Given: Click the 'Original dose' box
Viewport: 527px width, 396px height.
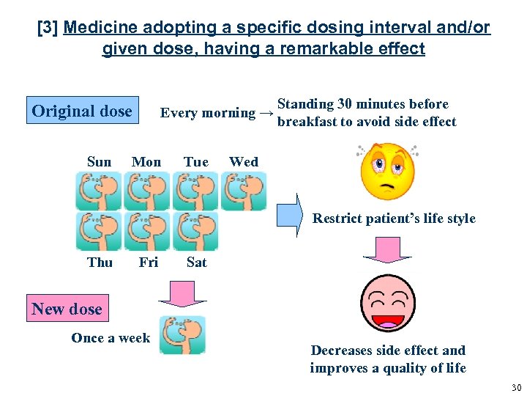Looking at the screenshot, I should pos(82,111).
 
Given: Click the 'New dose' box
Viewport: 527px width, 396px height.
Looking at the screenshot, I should pos(67,309).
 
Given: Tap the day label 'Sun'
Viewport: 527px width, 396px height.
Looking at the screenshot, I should pos(99,162).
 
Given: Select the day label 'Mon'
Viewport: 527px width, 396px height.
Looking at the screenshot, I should pos(146,162).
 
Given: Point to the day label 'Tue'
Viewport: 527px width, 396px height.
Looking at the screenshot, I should pos(196,162).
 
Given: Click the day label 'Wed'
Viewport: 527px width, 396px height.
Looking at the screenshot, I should pos(244,162).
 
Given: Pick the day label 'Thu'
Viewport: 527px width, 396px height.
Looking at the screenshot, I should pos(100,262).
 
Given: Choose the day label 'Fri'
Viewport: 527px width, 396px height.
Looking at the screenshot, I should pos(149,262).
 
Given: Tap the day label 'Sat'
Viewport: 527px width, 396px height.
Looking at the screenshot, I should pos(197,262).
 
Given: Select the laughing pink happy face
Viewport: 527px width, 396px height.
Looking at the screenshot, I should pos(387,302).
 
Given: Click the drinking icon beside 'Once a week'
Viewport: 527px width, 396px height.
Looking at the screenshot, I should pos(183,335).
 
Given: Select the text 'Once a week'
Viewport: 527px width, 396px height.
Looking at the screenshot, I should pos(111,338).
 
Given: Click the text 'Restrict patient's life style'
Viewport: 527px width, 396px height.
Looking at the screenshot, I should pos(394,219).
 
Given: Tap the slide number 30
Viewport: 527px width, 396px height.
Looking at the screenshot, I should pos(516,387).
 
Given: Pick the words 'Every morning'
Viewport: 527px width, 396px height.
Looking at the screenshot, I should pos(207,113).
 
